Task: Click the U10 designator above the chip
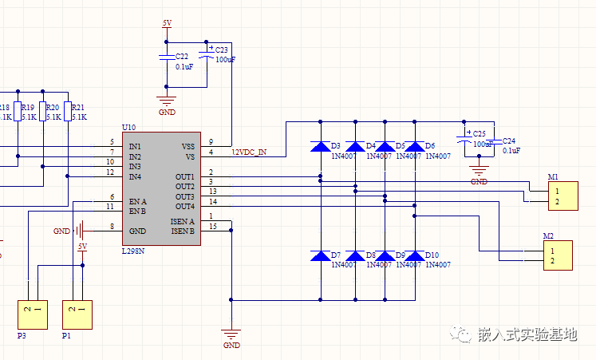(128, 128)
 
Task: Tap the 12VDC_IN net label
(249, 152)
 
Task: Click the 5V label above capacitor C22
(167, 24)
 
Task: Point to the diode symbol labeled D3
(319, 147)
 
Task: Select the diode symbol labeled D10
(414, 255)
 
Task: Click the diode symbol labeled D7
(319, 255)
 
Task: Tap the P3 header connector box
(33, 314)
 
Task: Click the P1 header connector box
(77, 314)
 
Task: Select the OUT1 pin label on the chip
(185, 176)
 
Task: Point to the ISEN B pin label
(182, 231)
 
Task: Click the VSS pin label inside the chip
(187, 146)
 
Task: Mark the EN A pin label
(138, 202)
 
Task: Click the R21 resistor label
(78, 107)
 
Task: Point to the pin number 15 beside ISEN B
(212, 226)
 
